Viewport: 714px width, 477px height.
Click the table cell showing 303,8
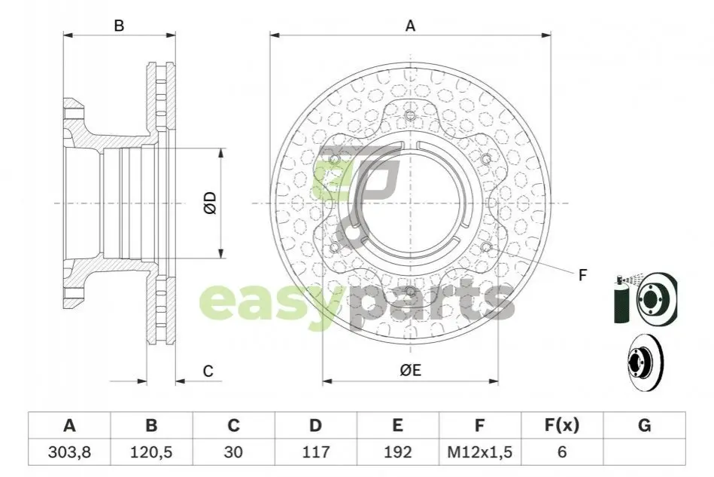tap(69, 452)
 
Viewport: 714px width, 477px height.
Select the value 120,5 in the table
tap(151, 452)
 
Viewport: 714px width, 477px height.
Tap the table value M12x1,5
tap(479, 452)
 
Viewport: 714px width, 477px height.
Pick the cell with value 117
tap(315, 452)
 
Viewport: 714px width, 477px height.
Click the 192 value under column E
tap(397, 452)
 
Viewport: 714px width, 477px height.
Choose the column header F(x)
tap(562, 426)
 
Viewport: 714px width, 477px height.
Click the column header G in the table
tap(644, 426)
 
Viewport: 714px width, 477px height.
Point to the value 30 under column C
tap(233, 452)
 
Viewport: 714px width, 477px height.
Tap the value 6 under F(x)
tap(562, 452)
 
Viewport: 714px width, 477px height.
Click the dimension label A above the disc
tap(410, 26)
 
